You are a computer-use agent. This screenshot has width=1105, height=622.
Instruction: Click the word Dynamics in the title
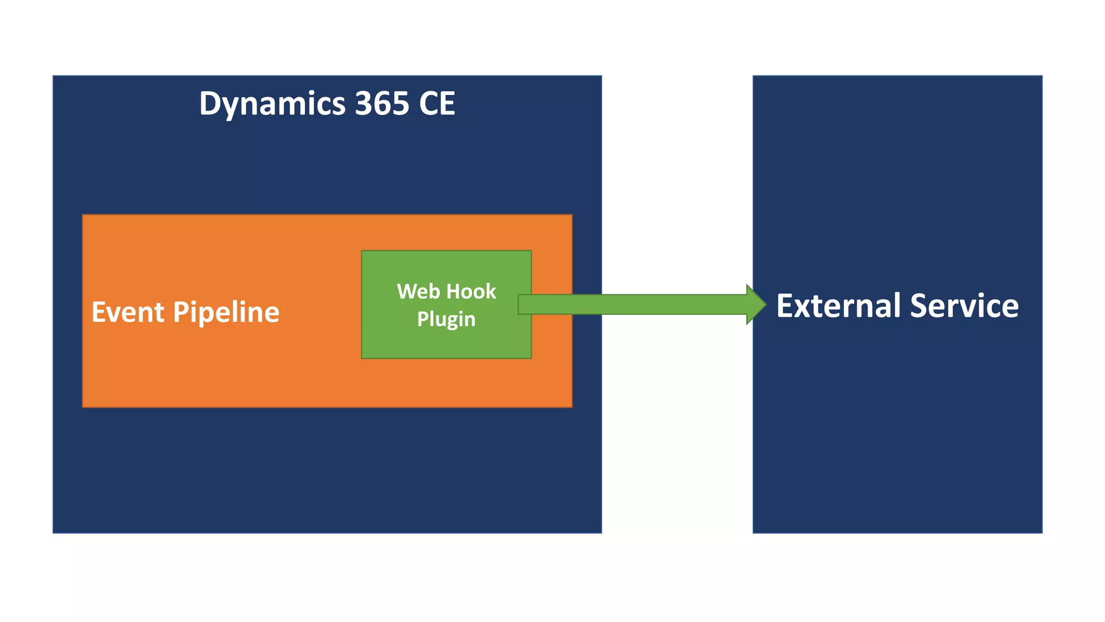[x=272, y=104]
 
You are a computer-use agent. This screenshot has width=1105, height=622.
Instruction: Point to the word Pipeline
[x=226, y=313]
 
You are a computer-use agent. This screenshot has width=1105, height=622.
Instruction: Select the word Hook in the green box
[x=471, y=292]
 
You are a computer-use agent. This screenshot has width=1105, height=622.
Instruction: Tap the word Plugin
[x=446, y=320]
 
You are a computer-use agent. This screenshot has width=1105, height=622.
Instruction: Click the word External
[x=838, y=306]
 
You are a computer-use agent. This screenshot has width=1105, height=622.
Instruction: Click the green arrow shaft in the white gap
[x=674, y=305]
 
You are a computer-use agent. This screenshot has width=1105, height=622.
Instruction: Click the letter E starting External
[x=785, y=306]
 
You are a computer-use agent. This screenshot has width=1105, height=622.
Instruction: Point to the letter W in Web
[x=407, y=292]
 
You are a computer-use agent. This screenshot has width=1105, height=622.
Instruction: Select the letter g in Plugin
[x=452, y=321]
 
